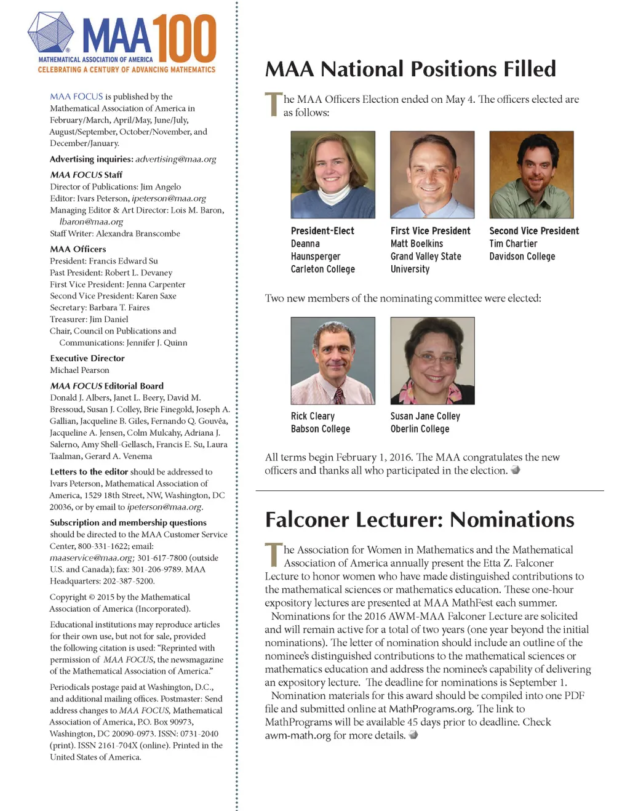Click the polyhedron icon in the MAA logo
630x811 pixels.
click(50, 33)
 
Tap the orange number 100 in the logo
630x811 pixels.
click(184, 38)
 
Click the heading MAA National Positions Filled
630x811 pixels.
click(410, 69)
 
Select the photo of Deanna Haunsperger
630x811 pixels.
click(333, 175)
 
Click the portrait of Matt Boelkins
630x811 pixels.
click(432, 175)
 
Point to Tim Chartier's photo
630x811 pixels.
click(531, 175)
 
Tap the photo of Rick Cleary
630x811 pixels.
click(333, 361)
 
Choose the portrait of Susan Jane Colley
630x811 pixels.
click(432, 361)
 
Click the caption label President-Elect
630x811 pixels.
click(322, 231)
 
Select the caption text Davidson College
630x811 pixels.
click(522, 257)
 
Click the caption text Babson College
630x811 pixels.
click(320, 429)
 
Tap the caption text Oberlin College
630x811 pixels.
click(420, 429)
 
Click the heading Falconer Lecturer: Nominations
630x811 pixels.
click(420, 520)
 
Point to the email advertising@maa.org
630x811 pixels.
click(175, 159)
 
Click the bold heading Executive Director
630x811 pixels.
click(87, 358)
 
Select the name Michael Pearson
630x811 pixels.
click(79, 370)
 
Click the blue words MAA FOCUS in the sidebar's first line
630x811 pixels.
click(76, 97)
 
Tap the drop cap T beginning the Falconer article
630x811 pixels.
click(273, 555)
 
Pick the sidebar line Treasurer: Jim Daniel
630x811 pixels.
click(89, 319)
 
